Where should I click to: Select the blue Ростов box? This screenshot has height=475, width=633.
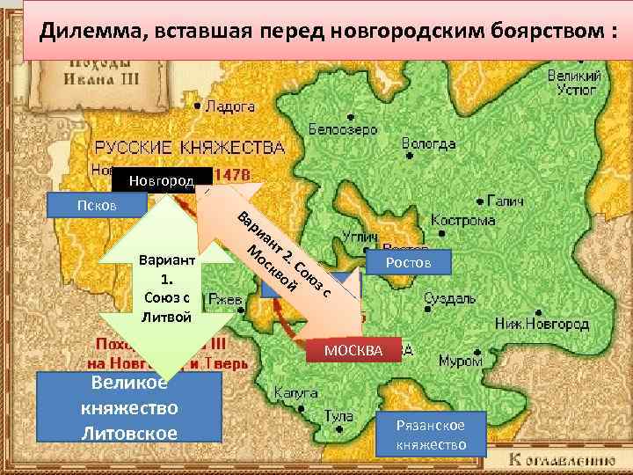[x=412, y=262]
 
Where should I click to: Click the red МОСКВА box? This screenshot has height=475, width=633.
[x=353, y=350]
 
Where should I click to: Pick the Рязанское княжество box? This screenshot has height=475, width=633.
[x=430, y=435]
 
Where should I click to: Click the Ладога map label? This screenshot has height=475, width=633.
[x=229, y=106]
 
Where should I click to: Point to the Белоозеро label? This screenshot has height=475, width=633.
[x=343, y=129]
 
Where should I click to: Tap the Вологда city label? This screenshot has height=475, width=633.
[x=428, y=143]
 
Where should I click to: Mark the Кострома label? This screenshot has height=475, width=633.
[x=463, y=220]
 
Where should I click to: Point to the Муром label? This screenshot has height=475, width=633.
[x=461, y=362]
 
